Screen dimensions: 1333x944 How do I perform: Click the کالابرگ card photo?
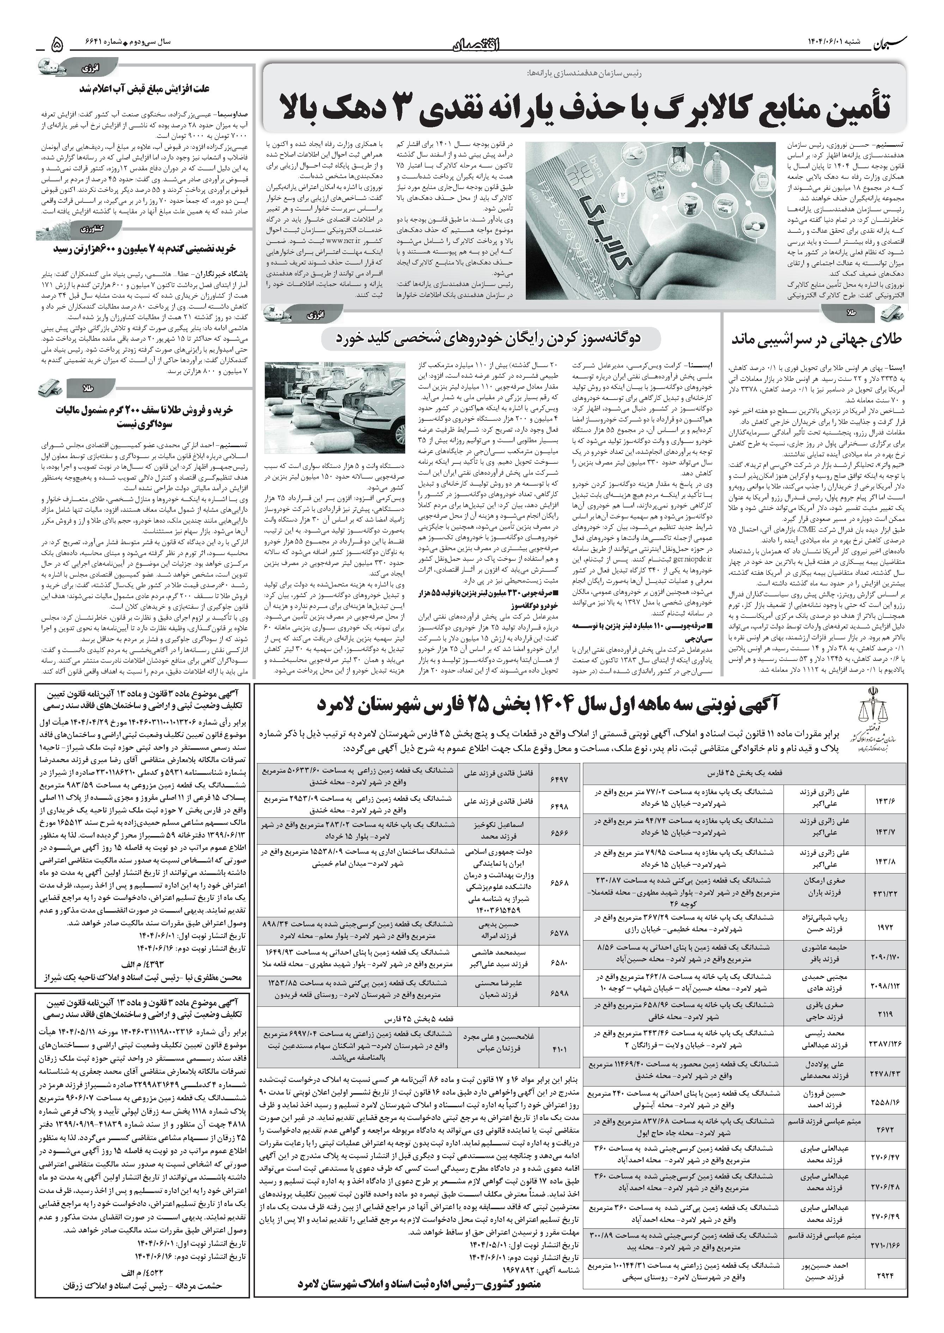pyautogui.click(x=650, y=220)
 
